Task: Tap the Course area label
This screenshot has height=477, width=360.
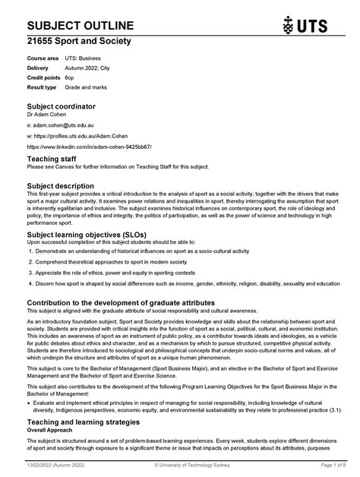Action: pos(43,58)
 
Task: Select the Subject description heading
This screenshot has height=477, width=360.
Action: pos(61,185)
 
